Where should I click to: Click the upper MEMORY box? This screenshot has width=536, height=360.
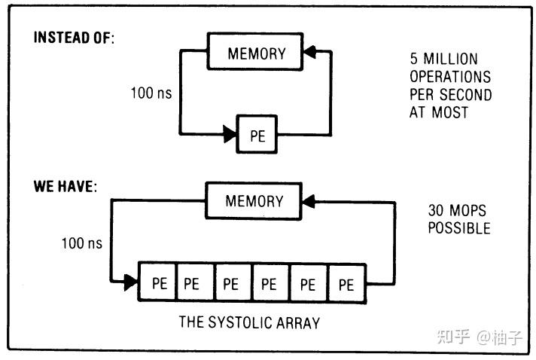click(256, 53)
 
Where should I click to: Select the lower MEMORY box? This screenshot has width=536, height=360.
click(254, 201)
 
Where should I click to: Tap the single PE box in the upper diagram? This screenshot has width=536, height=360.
click(257, 136)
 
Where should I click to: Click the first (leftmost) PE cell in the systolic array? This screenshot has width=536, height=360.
click(159, 284)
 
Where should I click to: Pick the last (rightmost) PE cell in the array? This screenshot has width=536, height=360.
click(346, 284)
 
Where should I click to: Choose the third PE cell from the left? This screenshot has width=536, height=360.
click(232, 284)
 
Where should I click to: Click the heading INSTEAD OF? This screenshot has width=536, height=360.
click(74, 38)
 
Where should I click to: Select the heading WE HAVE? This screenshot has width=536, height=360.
click(65, 186)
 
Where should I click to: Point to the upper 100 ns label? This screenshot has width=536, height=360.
click(151, 95)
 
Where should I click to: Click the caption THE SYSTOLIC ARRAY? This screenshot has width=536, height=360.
click(249, 322)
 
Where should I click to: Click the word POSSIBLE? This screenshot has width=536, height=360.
click(459, 228)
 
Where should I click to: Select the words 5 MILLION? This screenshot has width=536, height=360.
click(444, 59)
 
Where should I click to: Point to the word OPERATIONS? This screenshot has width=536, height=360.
click(450, 77)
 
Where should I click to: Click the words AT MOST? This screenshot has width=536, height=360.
click(439, 113)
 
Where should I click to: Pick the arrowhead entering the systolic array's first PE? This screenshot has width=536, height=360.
click(132, 283)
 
